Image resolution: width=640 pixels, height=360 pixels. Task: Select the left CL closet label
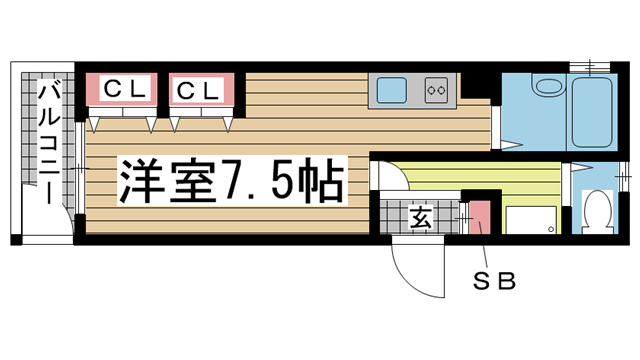coord(127,90)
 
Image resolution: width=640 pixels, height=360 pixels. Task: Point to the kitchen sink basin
coord(387,91)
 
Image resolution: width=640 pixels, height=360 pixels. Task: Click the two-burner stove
coord(436,91)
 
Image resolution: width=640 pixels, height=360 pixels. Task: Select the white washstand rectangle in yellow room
coord(530,220)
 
